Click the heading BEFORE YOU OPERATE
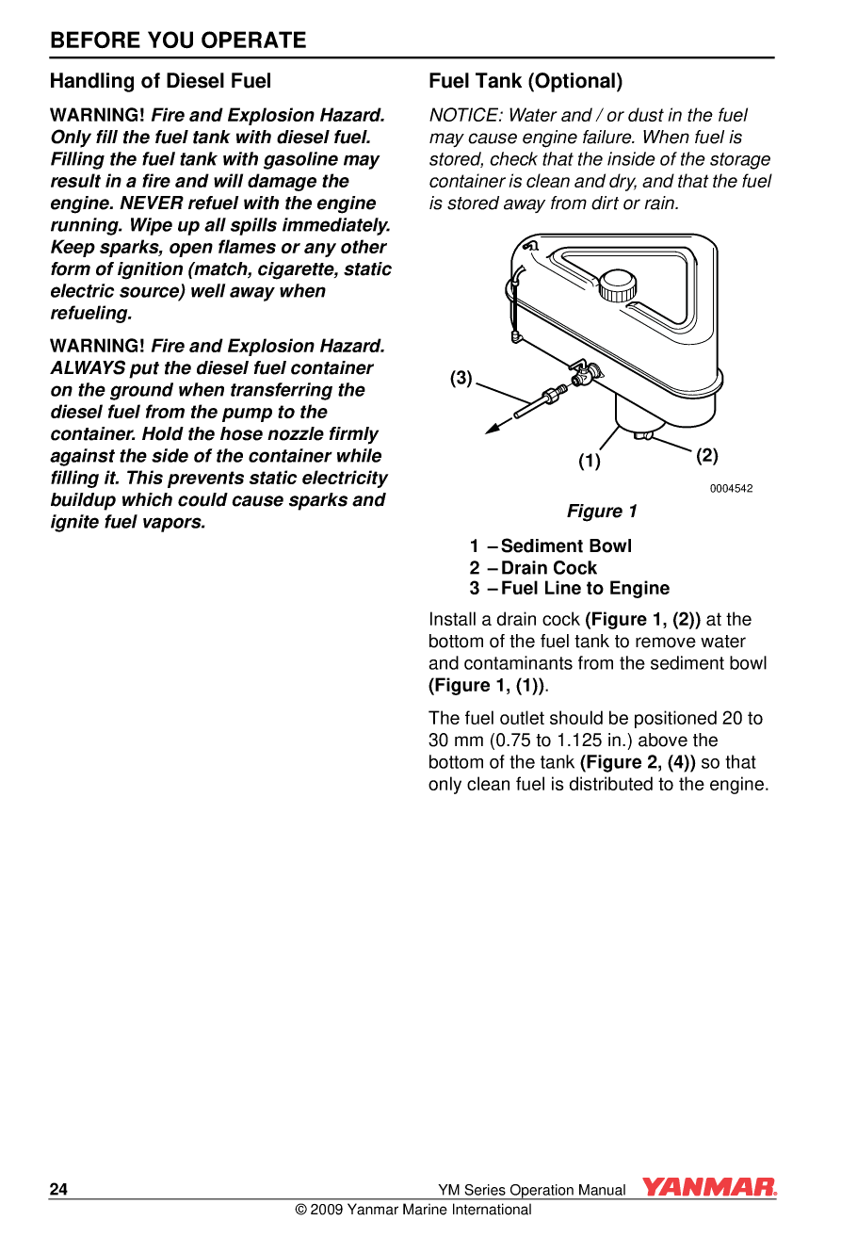[178, 41]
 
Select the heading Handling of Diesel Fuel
[160, 81]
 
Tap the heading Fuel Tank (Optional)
[526, 81]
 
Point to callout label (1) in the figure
[590, 462]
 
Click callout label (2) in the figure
[706, 456]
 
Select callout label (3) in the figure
[461, 379]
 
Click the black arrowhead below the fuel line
[492, 429]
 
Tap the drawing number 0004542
[731, 488]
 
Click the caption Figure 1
[602, 512]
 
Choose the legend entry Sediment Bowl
[566, 546]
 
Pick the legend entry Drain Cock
[549, 568]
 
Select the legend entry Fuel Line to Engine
[585, 588]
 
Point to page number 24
[58, 1189]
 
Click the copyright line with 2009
[413, 1210]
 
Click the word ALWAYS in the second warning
[88, 368]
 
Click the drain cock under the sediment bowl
[643, 434]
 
